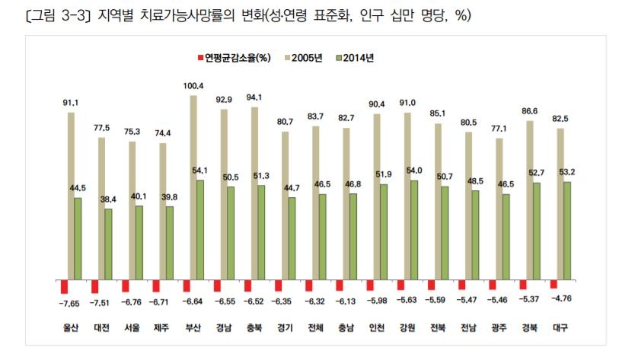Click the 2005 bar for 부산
(x=193, y=187)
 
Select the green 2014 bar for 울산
(x=78, y=238)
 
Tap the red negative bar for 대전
(x=95, y=286)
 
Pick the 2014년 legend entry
(x=359, y=57)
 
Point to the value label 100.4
(x=194, y=86)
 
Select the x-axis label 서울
(x=132, y=328)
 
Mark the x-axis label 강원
(x=407, y=328)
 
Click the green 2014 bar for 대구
(x=567, y=231)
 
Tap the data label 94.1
(x=255, y=97)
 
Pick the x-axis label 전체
(x=316, y=328)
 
